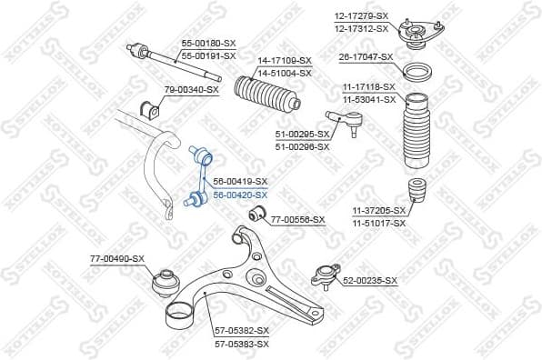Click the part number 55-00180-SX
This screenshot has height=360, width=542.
(207, 44)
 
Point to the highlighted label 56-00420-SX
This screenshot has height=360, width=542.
(240, 195)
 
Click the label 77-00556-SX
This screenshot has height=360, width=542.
(297, 219)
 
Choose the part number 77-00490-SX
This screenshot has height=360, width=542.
(116, 259)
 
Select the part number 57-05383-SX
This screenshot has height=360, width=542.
(242, 345)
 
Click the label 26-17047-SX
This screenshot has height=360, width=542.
(366, 57)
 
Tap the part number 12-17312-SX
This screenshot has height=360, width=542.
(361, 28)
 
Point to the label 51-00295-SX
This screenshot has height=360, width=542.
(302, 135)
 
